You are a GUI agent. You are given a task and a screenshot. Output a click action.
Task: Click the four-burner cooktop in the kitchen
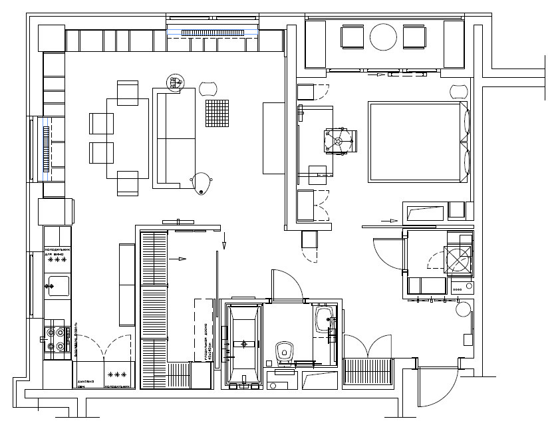pyautogui.click(x=58, y=337)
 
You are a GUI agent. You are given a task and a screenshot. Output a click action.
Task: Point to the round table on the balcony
pyautogui.click(x=383, y=37)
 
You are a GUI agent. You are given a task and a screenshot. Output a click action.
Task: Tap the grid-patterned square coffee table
pyautogui.click(x=217, y=112)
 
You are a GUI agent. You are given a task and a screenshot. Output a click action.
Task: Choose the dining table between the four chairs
pyautogui.click(x=127, y=138)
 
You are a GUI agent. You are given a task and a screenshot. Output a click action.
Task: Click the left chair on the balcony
pyautogui.click(x=352, y=37)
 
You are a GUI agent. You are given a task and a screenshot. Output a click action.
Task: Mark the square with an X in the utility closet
pyautogui.click(x=460, y=259)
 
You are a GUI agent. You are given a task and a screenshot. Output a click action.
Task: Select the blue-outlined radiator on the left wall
pyautogui.click(x=45, y=148)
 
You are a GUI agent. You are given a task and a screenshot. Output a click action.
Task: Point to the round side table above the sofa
pyautogui.click(x=176, y=82)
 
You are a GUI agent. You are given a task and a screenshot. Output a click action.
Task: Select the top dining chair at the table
pyautogui.click(x=127, y=91)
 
